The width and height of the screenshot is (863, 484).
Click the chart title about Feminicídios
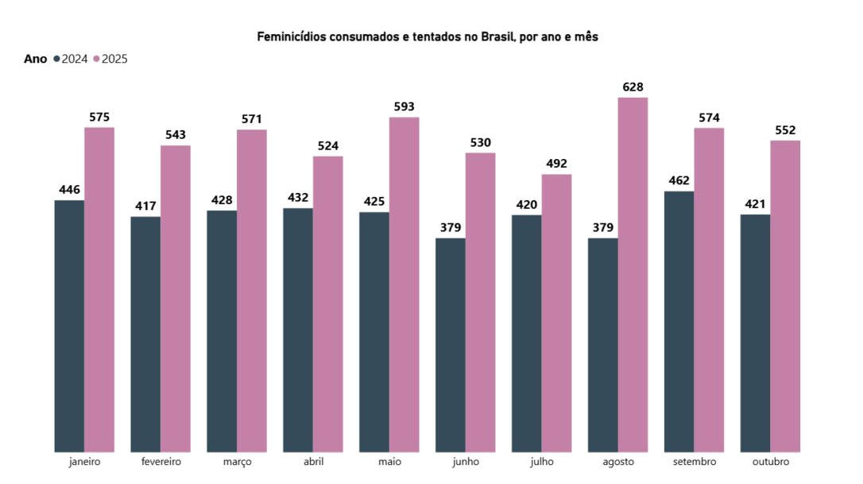pyautogui.click(x=427, y=37)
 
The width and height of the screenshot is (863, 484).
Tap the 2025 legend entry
pyautogui.click(x=110, y=59)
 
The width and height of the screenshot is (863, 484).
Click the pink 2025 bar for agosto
pyautogui.click(x=633, y=274)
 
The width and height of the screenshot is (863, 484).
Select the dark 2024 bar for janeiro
pyautogui.click(x=69, y=326)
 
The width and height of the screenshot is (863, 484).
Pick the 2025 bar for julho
pyautogui.click(x=556, y=313)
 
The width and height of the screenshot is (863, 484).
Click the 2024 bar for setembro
pyautogui.click(x=679, y=321)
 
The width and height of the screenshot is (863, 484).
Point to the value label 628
pyautogui.click(x=633, y=87)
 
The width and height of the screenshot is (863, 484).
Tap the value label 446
pyautogui.click(x=70, y=190)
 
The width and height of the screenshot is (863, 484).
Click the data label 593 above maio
pyautogui.click(x=404, y=106)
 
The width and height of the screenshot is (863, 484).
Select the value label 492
pyautogui.click(x=556, y=164)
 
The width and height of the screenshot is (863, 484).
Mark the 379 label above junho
pyautogui.click(x=450, y=228)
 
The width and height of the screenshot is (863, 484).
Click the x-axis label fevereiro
pyautogui.click(x=161, y=462)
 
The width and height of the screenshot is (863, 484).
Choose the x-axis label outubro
pyautogui.click(x=770, y=462)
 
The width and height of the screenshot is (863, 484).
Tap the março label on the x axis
pyautogui.click(x=237, y=462)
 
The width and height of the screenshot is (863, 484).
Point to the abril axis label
pyautogui.click(x=313, y=462)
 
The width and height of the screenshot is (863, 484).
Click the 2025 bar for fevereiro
pyautogui.click(x=176, y=299)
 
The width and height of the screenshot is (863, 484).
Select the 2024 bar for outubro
pyautogui.click(x=755, y=333)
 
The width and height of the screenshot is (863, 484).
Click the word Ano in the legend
pyautogui.click(x=36, y=59)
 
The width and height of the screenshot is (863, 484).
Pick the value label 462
pyautogui.click(x=679, y=180)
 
